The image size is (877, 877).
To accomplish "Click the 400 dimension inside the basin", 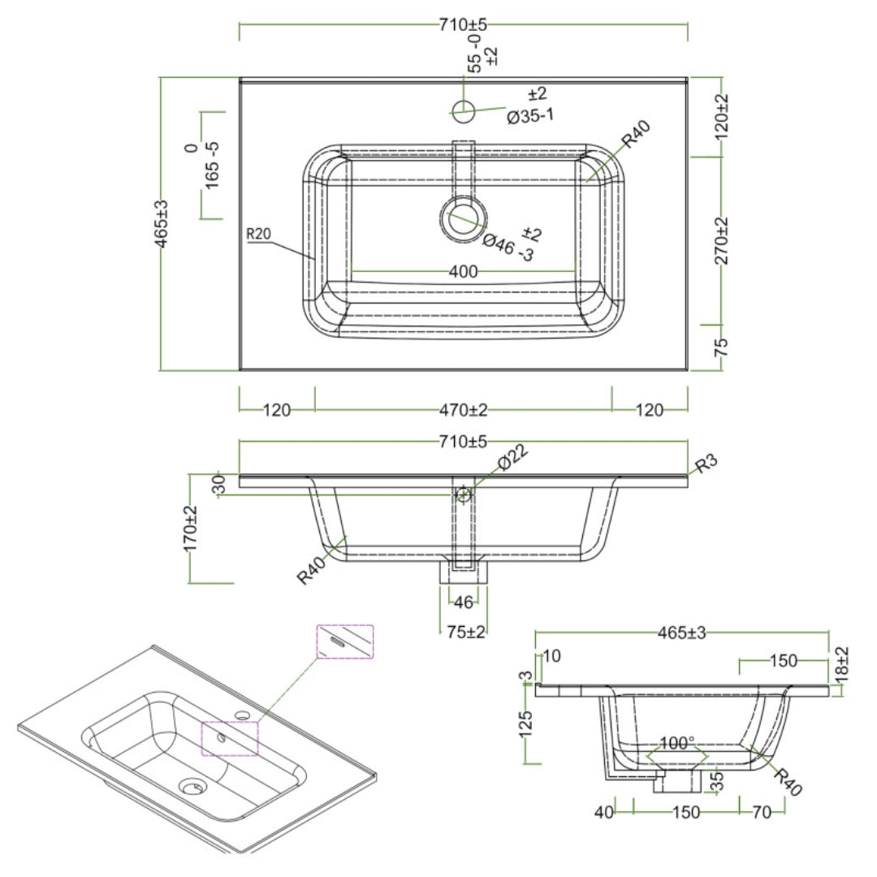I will (x=462, y=270).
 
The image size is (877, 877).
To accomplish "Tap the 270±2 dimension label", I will (x=722, y=240).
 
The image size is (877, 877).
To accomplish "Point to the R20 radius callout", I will (x=258, y=235).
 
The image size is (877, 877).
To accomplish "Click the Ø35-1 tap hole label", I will (x=530, y=116).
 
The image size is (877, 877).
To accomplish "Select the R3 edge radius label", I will (x=706, y=464).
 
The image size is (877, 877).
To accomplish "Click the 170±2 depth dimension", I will (x=191, y=529).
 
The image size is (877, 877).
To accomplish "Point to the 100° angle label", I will (x=676, y=742).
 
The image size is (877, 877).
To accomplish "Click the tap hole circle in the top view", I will (x=463, y=111).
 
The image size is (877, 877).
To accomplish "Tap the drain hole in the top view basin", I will (x=464, y=218).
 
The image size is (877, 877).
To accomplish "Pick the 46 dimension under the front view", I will (x=463, y=603).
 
